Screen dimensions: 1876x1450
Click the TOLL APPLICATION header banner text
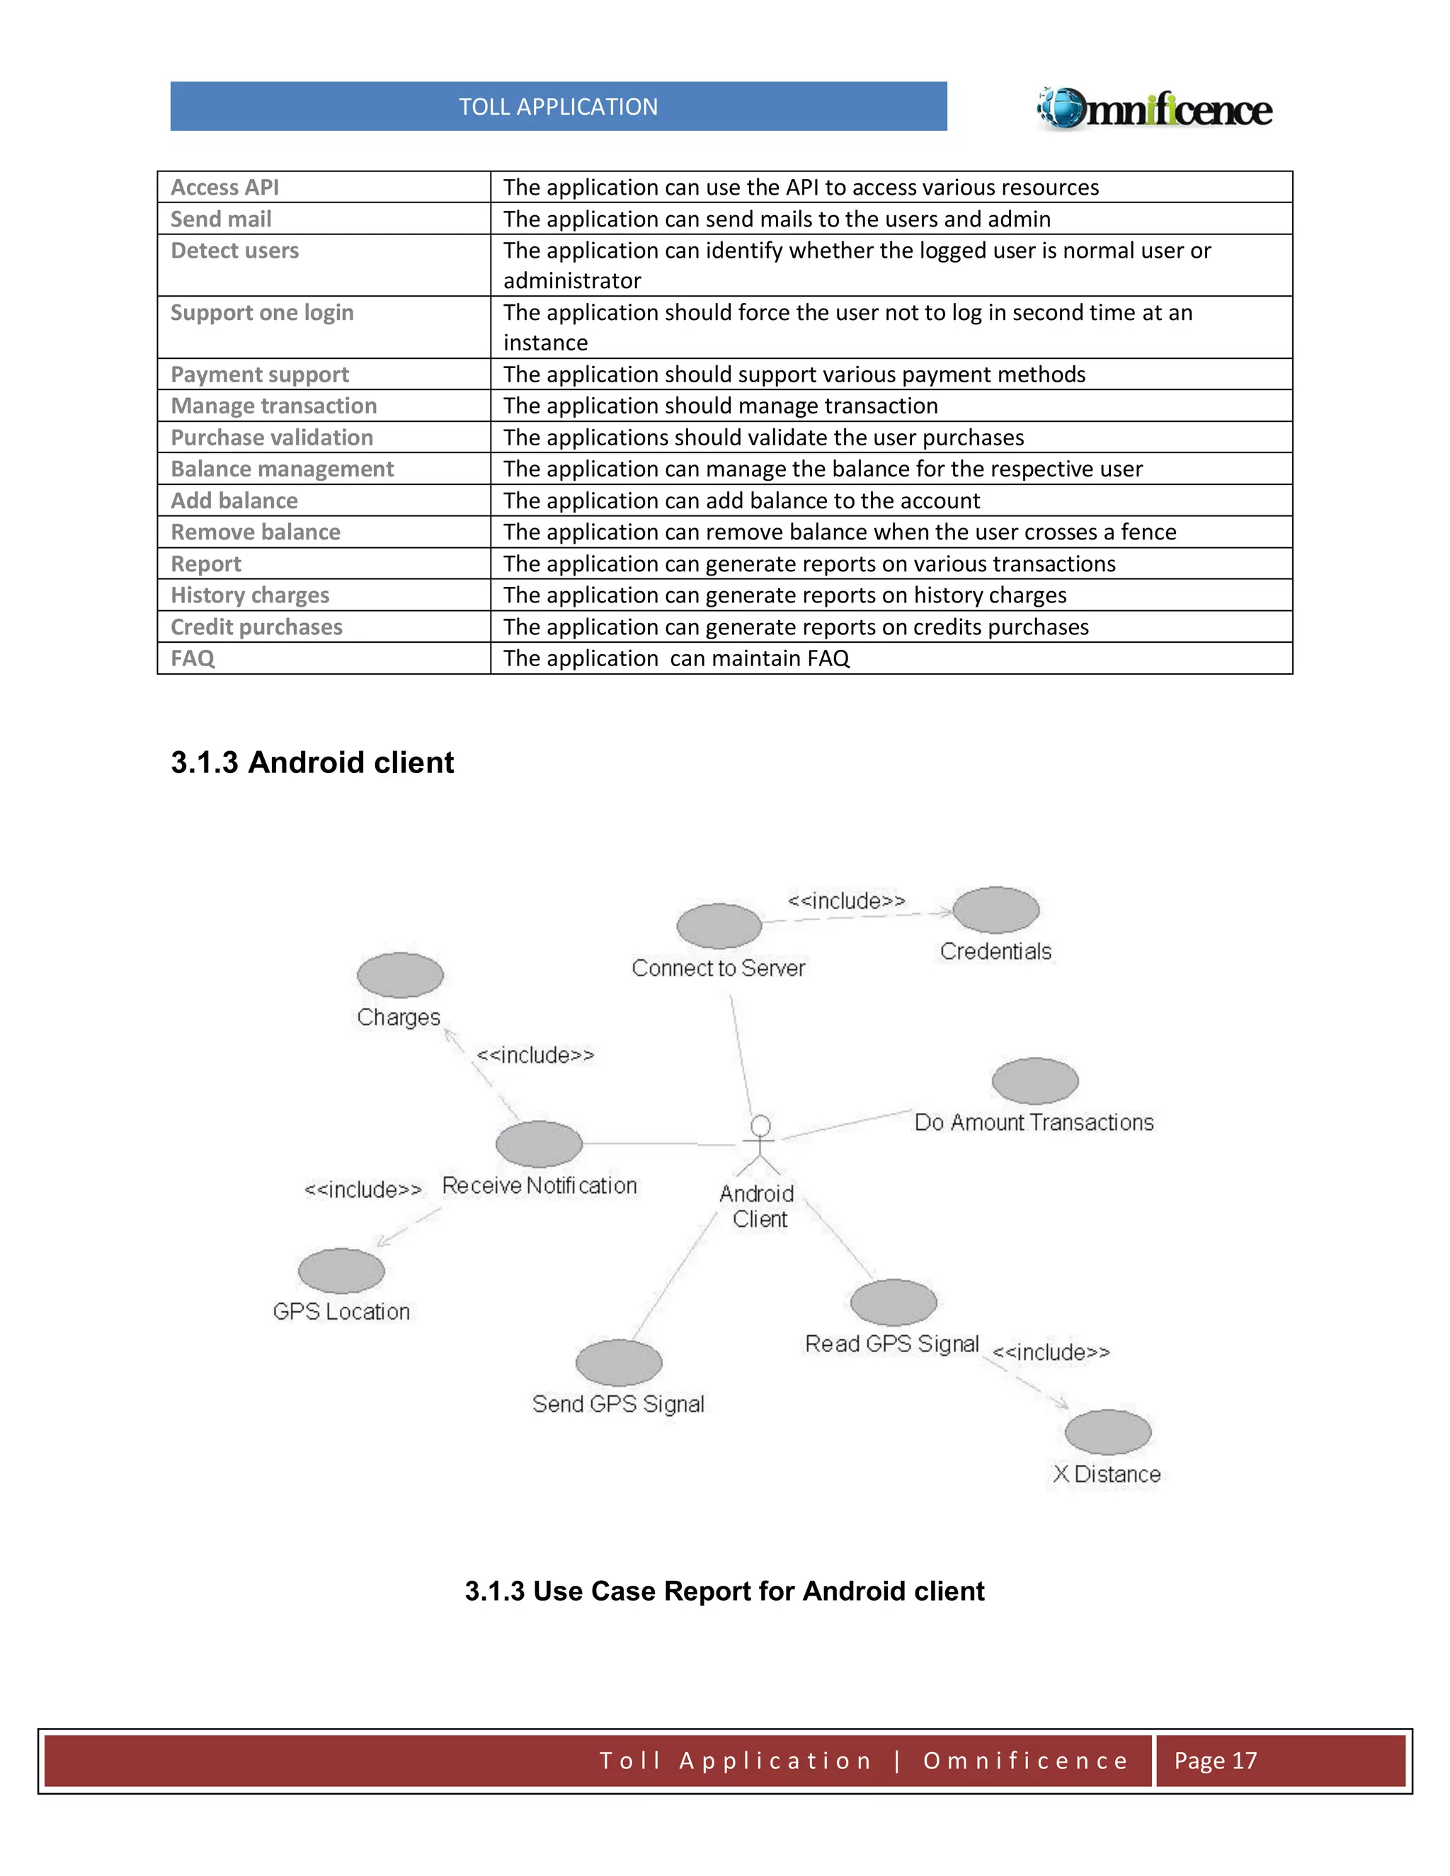coord(559,106)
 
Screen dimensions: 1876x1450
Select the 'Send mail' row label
coord(221,219)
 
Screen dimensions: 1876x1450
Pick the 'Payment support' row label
coord(259,374)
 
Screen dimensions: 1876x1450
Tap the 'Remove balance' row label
coord(255,532)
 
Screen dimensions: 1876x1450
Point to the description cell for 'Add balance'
coord(741,501)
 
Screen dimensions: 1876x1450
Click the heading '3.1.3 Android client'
coord(312,762)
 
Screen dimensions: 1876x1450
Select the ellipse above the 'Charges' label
coord(399,976)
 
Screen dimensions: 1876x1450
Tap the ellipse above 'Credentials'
coord(995,910)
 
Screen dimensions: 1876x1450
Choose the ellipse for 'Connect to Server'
coord(719,927)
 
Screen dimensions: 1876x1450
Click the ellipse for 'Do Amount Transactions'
coord(1035,1080)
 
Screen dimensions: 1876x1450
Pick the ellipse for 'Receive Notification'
coord(539,1144)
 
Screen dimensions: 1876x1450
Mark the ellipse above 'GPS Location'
coord(341,1271)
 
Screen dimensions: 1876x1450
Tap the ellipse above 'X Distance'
coord(1107,1432)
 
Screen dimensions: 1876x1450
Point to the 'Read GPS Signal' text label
coord(891,1344)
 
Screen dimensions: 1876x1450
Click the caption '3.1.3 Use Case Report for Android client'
coord(724,1591)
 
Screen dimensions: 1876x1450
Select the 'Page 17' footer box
coord(1280,1761)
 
